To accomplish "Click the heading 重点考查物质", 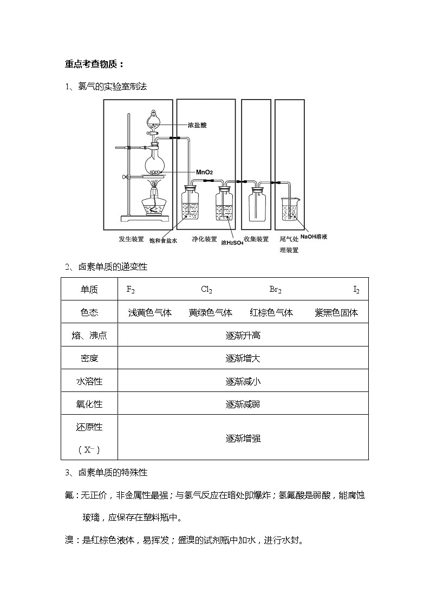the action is [x=94, y=64].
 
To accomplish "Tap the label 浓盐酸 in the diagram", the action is [x=197, y=125].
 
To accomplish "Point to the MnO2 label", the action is [x=204, y=172].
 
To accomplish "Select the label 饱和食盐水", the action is [x=163, y=241].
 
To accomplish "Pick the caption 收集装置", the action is [x=256, y=239].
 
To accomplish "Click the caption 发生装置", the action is [x=131, y=239].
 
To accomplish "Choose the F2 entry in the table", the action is [x=131, y=290].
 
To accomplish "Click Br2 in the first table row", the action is [x=276, y=290].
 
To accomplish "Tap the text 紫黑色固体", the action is [x=336, y=312].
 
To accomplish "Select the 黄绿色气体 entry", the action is [x=210, y=312].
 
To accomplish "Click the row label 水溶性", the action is [x=89, y=381].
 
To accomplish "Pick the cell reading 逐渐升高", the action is [x=243, y=335].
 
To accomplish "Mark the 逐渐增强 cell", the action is [x=243, y=438].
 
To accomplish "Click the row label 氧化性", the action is [x=89, y=404].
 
